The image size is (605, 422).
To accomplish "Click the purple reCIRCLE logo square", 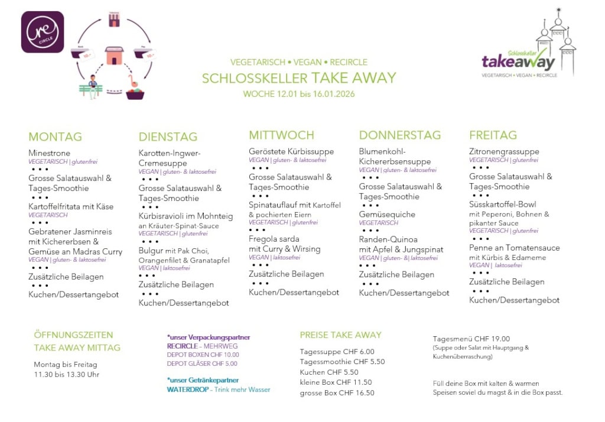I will click(x=43, y=32).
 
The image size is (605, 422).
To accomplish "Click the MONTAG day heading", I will click(x=55, y=137).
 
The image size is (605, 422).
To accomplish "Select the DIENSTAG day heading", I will click(x=168, y=137).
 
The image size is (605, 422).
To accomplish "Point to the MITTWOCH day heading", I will click(x=281, y=135).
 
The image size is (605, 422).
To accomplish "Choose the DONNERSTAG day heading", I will click(x=400, y=135).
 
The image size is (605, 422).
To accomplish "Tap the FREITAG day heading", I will click(x=493, y=135).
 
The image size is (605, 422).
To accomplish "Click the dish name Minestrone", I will click(x=49, y=153).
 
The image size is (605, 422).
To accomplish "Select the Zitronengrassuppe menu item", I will click(x=504, y=151).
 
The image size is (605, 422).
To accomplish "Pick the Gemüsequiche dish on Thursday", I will click(x=387, y=215).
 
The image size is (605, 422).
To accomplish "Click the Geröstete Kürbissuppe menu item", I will click(x=291, y=151).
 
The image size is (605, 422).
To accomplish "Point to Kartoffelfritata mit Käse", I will click(x=71, y=206).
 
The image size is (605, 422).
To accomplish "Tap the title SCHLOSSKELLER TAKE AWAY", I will click(x=299, y=78).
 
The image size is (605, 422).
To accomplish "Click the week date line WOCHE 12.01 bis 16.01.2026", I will click(x=299, y=94).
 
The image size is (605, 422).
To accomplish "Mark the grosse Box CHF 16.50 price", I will click(x=337, y=392).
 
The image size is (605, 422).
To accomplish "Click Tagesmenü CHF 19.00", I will click(x=471, y=339).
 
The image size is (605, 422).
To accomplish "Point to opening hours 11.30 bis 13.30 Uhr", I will click(x=66, y=375).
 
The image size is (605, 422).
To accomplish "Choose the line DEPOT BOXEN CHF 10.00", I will click(x=203, y=355).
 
